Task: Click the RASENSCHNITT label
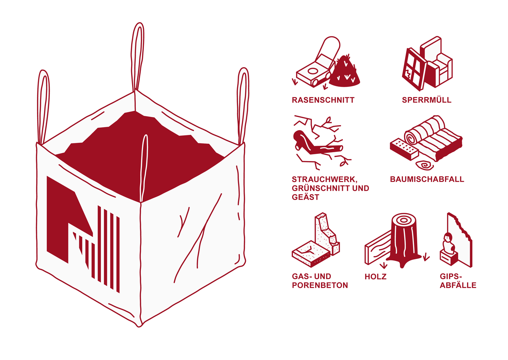pos(323,100)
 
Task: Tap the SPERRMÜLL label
pos(426,100)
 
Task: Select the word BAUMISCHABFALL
pos(427,179)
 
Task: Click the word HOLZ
pos(375,277)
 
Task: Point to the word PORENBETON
pos(320,285)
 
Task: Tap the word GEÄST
pos(305,197)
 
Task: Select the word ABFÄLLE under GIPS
pos(458,285)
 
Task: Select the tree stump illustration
pos(404,239)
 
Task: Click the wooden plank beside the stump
pos(377,249)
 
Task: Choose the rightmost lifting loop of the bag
pos(243,105)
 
